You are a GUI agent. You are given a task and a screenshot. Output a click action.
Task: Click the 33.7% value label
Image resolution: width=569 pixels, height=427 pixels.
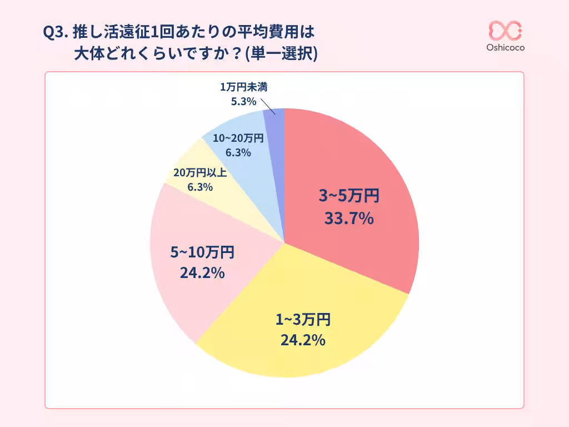[348, 219]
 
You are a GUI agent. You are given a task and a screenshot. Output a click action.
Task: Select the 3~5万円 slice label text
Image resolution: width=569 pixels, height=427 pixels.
[348, 196]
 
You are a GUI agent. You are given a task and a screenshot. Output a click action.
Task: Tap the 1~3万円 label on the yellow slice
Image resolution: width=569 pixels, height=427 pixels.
[303, 319]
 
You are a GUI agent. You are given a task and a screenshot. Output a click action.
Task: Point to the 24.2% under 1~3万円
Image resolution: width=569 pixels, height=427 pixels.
[303, 340]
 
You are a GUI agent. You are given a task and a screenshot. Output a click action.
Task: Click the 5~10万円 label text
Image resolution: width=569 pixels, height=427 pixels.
[202, 252]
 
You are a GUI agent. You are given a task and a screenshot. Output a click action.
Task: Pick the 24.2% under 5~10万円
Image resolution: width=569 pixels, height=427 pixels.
[202, 273]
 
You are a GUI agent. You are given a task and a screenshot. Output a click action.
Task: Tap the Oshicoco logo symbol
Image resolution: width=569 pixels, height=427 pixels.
[505, 31]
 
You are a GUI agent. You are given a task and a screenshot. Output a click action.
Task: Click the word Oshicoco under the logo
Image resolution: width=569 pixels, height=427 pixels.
[505, 48]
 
